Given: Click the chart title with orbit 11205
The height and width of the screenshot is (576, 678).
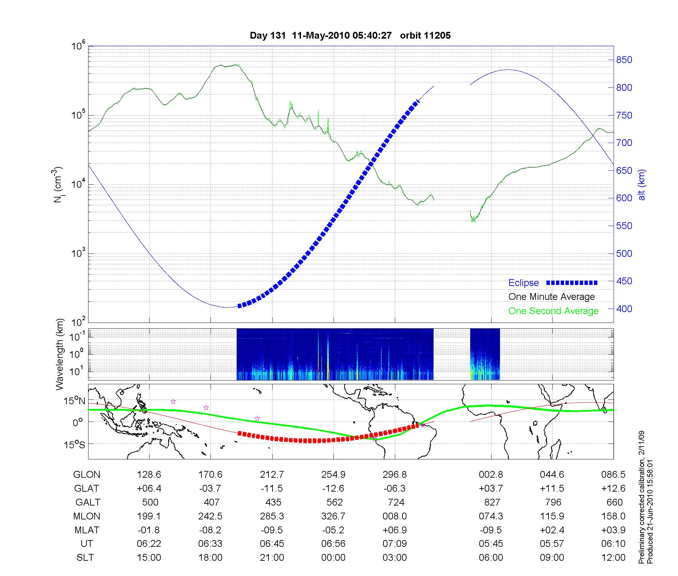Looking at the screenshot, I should click(x=350, y=36).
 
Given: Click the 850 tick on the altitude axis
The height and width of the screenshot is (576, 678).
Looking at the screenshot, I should click(x=624, y=60).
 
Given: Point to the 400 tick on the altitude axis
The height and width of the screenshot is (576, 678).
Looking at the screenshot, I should click(x=624, y=309).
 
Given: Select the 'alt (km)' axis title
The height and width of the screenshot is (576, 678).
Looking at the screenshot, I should click(x=642, y=185).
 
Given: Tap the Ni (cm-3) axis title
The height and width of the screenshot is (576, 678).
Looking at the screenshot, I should click(x=58, y=185).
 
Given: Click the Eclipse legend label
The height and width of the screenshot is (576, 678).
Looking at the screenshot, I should click(x=523, y=283).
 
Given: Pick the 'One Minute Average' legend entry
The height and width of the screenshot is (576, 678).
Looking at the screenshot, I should click(x=552, y=297).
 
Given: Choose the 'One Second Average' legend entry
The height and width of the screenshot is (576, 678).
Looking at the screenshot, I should click(x=553, y=311).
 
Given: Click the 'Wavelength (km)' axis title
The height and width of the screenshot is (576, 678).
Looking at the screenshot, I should click(x=60, y=354).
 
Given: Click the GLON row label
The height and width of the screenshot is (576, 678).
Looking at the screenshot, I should click(x=86, y=474).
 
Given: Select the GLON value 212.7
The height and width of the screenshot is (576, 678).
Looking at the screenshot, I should click(x=272, y=474).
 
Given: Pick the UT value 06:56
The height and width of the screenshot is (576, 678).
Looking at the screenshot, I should click(x=333, y=544).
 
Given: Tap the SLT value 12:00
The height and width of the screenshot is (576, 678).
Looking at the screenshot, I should click(x=613, y=558).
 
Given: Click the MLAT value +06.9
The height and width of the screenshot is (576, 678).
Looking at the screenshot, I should click(x=395, y=530).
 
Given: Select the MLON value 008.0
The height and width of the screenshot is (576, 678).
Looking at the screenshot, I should click(x=395, y=516).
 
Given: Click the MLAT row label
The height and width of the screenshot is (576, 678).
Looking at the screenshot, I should click(x=86, y=530).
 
